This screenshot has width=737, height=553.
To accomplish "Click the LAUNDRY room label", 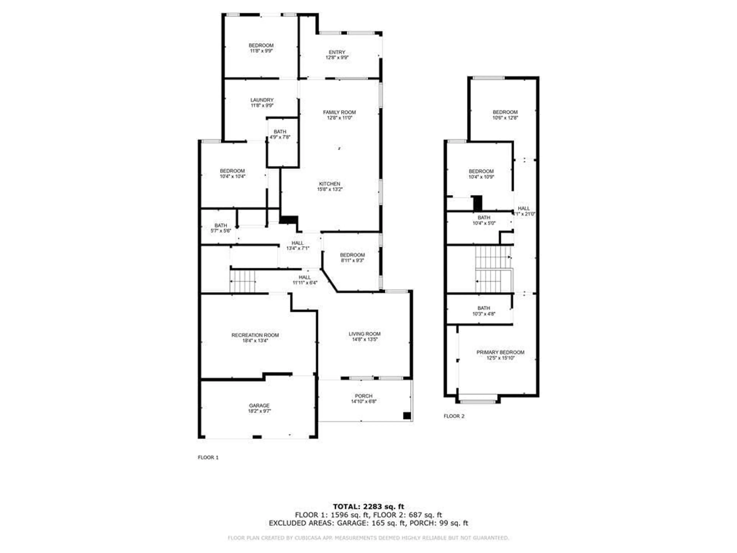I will (262, 100).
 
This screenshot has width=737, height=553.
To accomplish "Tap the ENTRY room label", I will (337, 52).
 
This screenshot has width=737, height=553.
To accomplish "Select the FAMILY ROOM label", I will (339, 112).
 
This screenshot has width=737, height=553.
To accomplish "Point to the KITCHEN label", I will (330, 184).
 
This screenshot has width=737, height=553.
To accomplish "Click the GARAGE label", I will (259, 406).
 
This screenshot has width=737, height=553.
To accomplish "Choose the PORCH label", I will (364, 396).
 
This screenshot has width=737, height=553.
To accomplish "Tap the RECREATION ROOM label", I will (255, 335).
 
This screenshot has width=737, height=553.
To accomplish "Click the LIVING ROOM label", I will (364, 334).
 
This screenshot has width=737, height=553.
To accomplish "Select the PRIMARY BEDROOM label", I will (500, 352).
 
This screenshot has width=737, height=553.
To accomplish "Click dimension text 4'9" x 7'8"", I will (280, 137).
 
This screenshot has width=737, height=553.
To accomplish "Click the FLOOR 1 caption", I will (208, 457).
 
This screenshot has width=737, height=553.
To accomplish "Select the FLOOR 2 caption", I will (454, 416).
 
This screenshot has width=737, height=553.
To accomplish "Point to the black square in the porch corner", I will (407, 416).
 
